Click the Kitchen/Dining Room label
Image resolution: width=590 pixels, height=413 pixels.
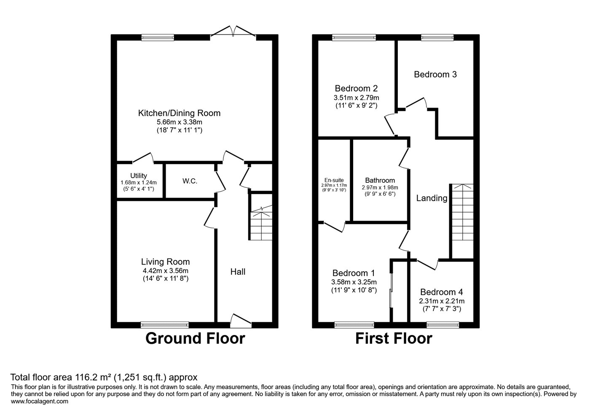pyautogui.click(x=179, y=113)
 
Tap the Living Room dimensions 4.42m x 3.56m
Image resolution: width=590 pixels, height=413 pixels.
pyautogui.click(x=165, y=271)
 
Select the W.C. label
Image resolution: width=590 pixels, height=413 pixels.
pyautogui.click(x=190, y=181)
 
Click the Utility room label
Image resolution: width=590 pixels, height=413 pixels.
pyautogui.click(x=138, y=175)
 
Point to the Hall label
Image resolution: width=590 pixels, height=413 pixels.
pyautogui.click(x=238, y=272)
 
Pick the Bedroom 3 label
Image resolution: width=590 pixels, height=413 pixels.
pyautogui.click(x=435, y=74)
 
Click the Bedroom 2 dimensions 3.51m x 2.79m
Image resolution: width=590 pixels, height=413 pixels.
pyautogui.click(x=356, y=97)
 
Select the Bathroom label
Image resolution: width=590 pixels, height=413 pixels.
pyautogui.click(x=380, y=180)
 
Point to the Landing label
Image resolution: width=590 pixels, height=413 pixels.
pyautogui.click(x=432, y=198)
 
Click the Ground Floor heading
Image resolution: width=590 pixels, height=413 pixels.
pyautogui.click(x=195, y=338)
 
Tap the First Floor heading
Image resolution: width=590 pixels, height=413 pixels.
pyautogui.click(x=393, y=338)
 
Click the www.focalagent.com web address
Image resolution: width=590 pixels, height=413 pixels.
pyautogui.click(x=39, y=401)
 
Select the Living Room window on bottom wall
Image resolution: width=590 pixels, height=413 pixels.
pyautogui.click(x=165, y=324)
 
